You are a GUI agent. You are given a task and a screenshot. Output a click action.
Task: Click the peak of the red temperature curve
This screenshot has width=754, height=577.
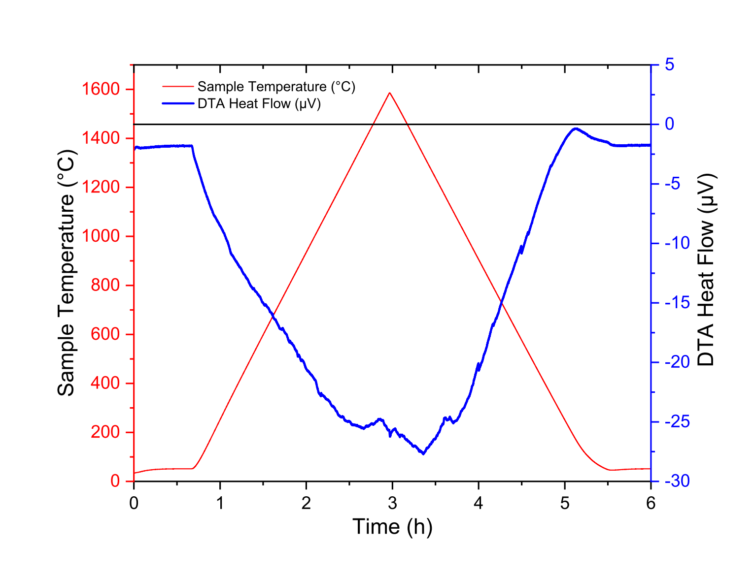coord(390,93)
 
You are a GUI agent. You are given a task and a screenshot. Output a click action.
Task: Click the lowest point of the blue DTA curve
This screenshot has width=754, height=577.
coord(423,453)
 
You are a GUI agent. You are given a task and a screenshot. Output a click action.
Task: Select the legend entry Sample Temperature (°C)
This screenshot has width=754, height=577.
coord(276,87)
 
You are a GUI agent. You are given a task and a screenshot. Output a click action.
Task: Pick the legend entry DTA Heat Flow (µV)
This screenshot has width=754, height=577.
coord(259,104)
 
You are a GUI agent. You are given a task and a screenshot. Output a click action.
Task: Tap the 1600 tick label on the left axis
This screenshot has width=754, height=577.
coord(101,89)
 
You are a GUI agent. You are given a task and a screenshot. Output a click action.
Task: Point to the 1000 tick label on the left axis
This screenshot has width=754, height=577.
coord(101,236)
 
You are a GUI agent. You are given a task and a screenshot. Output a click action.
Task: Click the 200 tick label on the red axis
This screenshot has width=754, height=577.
coord(105,432)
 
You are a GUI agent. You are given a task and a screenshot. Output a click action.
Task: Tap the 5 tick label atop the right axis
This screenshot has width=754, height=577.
coord(670,65)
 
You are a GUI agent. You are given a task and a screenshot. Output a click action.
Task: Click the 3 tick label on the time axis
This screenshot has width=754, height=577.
coord(392,503)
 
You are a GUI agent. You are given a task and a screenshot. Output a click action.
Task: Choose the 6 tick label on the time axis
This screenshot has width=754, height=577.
coord(651,503)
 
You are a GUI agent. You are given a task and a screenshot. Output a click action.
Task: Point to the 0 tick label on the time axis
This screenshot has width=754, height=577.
coord(134,503)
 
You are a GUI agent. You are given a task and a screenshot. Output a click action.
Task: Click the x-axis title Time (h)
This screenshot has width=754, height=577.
coord(392,527)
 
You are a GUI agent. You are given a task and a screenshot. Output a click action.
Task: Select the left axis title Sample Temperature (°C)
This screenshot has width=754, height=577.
coord(66,273)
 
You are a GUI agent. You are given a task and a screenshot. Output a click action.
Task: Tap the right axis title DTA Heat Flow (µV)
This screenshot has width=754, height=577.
coord(706,270)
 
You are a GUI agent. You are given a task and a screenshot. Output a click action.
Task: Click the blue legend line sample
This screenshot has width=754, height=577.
coord(177,104)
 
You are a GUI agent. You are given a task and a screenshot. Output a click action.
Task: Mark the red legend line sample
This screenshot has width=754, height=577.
coord(177,87)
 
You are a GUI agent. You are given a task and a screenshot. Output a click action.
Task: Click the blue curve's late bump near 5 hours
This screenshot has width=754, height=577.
coord(575,129)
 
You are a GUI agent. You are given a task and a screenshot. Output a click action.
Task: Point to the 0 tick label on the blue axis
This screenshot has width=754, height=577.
coord(669,124)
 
